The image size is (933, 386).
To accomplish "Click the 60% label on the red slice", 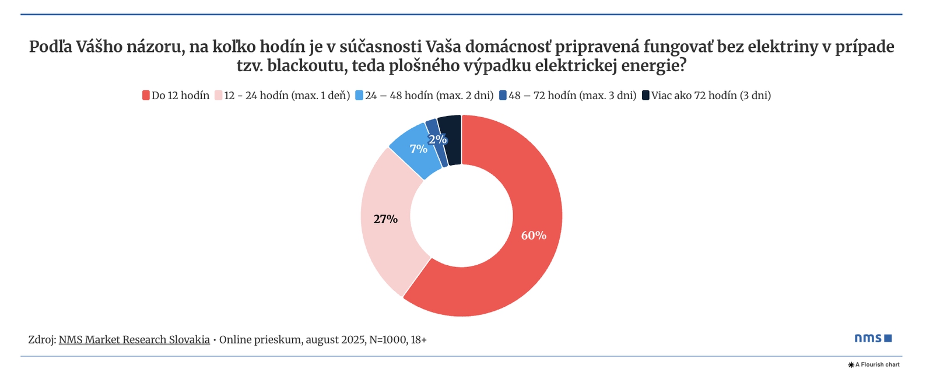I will pos(534,236).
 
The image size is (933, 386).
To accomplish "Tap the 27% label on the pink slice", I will pos(385,219).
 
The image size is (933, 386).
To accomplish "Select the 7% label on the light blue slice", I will pos(418,149).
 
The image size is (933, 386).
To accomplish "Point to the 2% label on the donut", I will pos(437,139).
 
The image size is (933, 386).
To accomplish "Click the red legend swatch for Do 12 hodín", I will pos(146,96).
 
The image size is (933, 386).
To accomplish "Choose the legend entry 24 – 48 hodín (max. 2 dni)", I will pos(429,96).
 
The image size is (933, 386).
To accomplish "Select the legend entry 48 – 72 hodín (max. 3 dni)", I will pos(572,96).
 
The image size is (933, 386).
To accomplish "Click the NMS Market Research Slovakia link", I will pos(134,339).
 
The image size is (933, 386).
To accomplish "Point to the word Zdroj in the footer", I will pos(41,339).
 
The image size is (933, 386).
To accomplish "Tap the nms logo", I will pos(873,338).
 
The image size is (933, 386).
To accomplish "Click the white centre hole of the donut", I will pos(461,216).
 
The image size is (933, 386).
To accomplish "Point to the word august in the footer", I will pos(322,339).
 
